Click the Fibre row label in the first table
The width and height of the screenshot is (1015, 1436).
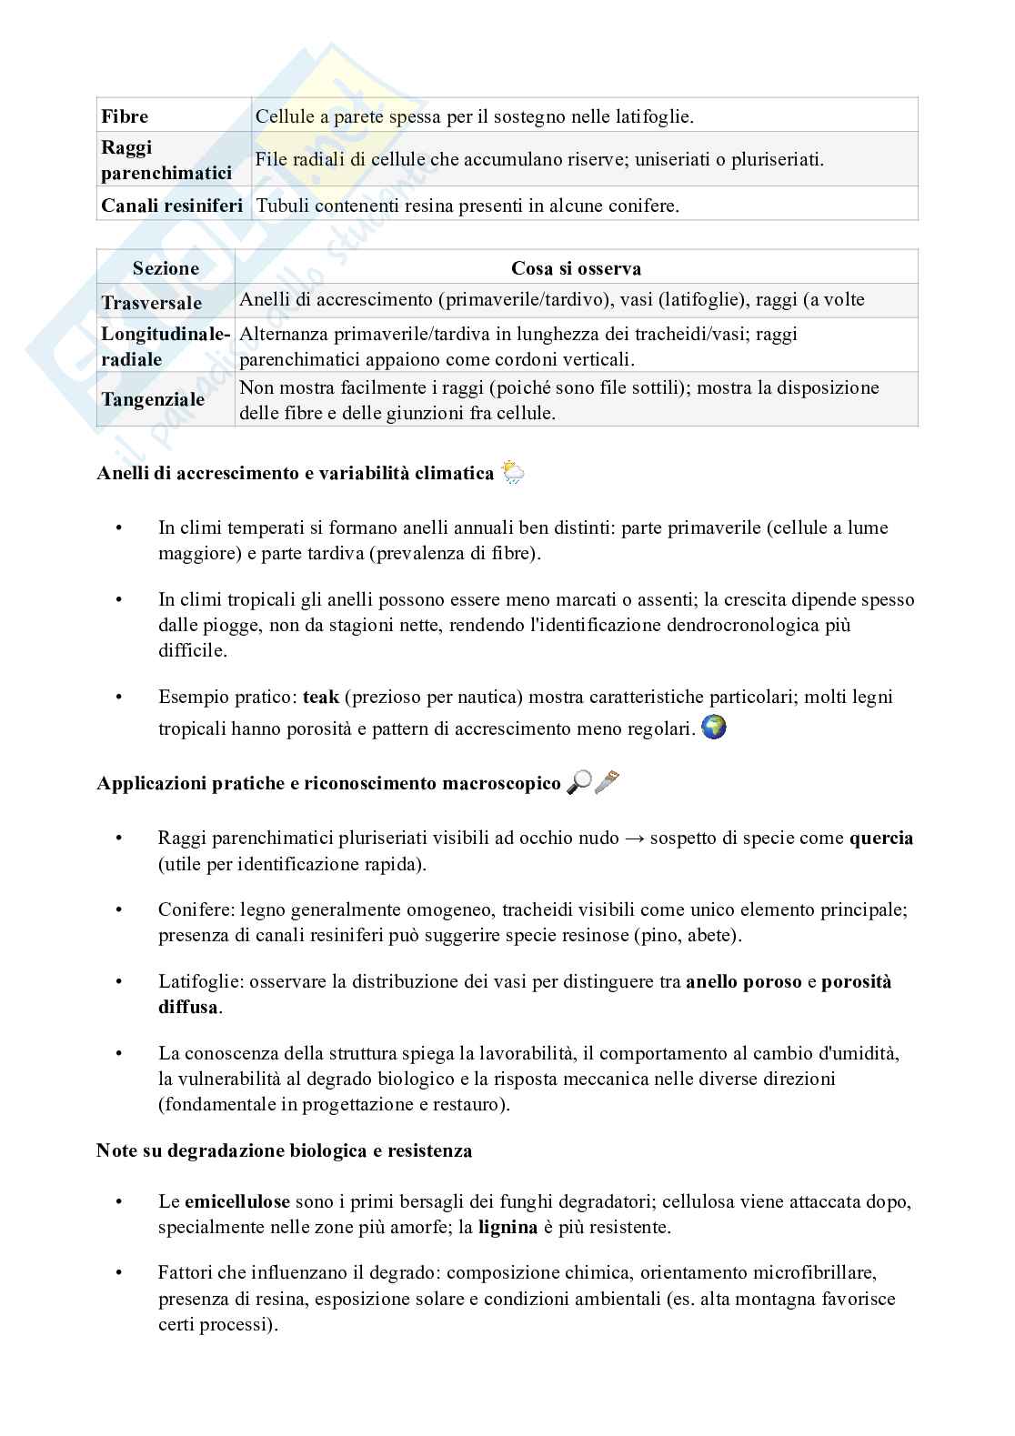click(125, 116)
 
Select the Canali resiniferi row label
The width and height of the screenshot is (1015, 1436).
click(172, 206)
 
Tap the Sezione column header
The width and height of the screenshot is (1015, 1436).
click(166, 268)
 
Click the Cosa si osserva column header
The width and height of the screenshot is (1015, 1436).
click(576, 268)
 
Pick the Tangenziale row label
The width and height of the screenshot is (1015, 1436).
click(153, 399)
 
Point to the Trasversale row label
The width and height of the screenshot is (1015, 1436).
click(152, 302)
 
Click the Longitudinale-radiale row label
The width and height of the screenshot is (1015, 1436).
click(165, 346)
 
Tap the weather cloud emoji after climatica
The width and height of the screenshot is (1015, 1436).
click(513, 472)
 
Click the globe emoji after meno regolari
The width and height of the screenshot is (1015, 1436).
click(715, 728)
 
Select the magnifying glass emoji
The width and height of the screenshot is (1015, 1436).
click(578, 782)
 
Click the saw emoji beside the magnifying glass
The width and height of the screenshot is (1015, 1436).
click(607, 782)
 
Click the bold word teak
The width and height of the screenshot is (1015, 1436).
click(320, 697)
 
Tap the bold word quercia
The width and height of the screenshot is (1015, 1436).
click(880, 838)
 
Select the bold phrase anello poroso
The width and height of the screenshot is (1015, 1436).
click(743, 981)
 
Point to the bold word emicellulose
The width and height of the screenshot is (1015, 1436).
click(236, 1201)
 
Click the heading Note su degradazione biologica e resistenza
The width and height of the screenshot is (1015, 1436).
click(284, 1150)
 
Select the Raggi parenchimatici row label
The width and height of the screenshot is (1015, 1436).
click(166, 160)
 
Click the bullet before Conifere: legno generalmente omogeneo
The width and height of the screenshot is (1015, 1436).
click(117, 910)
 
